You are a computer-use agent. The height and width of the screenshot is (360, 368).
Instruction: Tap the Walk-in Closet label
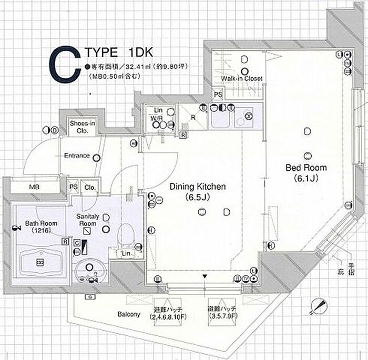[x=242, y=79]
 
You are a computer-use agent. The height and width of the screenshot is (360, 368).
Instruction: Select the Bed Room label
[x=306, y=168]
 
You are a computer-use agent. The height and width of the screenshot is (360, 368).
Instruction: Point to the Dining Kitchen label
[x=197, y=187]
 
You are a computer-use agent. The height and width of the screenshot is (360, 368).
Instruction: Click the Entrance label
[x=76, y=156]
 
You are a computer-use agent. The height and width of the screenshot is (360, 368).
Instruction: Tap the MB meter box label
[x=34, y=187]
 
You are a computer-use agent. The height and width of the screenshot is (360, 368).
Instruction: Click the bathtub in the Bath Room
[x=40, y=261]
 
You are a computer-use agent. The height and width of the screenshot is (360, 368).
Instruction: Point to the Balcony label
[x=128, y=315]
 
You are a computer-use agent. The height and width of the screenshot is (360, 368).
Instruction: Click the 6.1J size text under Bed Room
[x=306, y=178]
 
